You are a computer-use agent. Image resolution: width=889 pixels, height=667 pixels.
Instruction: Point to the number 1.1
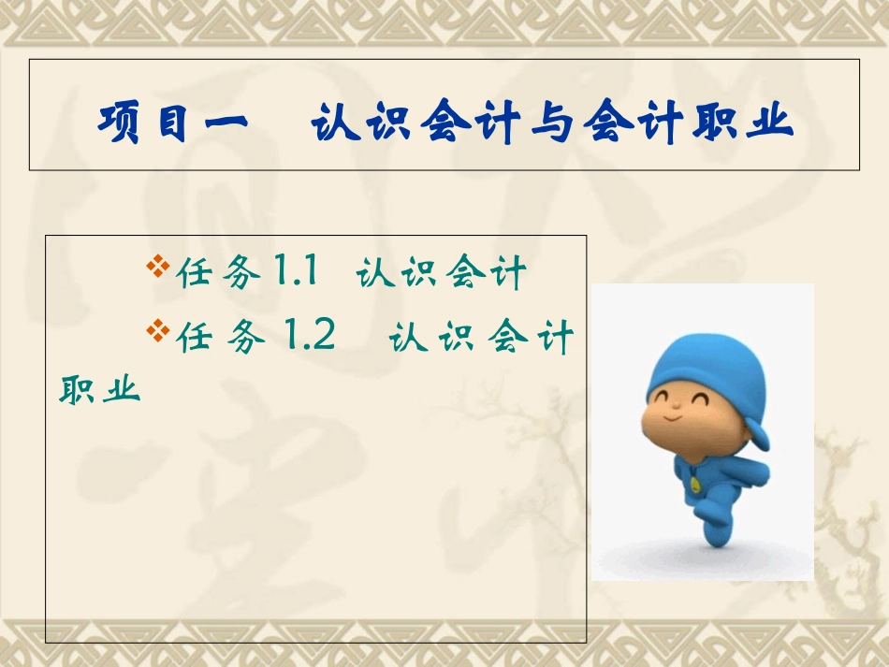click(296, 273)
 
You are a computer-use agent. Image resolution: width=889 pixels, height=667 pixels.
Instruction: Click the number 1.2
click(305, 335)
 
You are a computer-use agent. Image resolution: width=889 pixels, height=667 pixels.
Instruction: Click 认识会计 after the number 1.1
click(441, 274)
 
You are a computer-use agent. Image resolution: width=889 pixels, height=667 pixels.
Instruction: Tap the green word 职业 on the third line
click(99, 388)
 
